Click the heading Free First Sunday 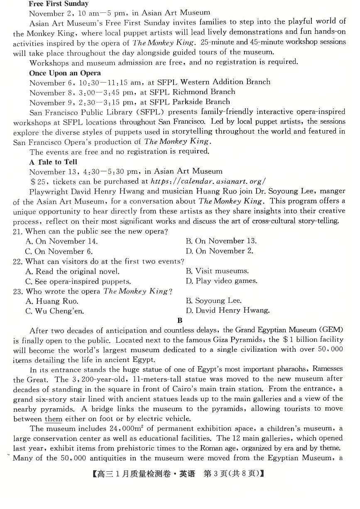pyautogui.click(x=58, y=4)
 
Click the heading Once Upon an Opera pyautogui.click(x=65, y=73)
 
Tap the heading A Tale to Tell pyautogui.click(x=53, y=162)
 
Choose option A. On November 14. pyautogui.click(x=61, y=241)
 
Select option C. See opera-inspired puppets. pyautogui.click(x=78, y=281)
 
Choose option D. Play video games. pyautogui.click(x=221, y=281)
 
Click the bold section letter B pyautogui.click(x=180, y=320)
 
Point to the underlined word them pyautogui.click(x=53, y=419)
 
